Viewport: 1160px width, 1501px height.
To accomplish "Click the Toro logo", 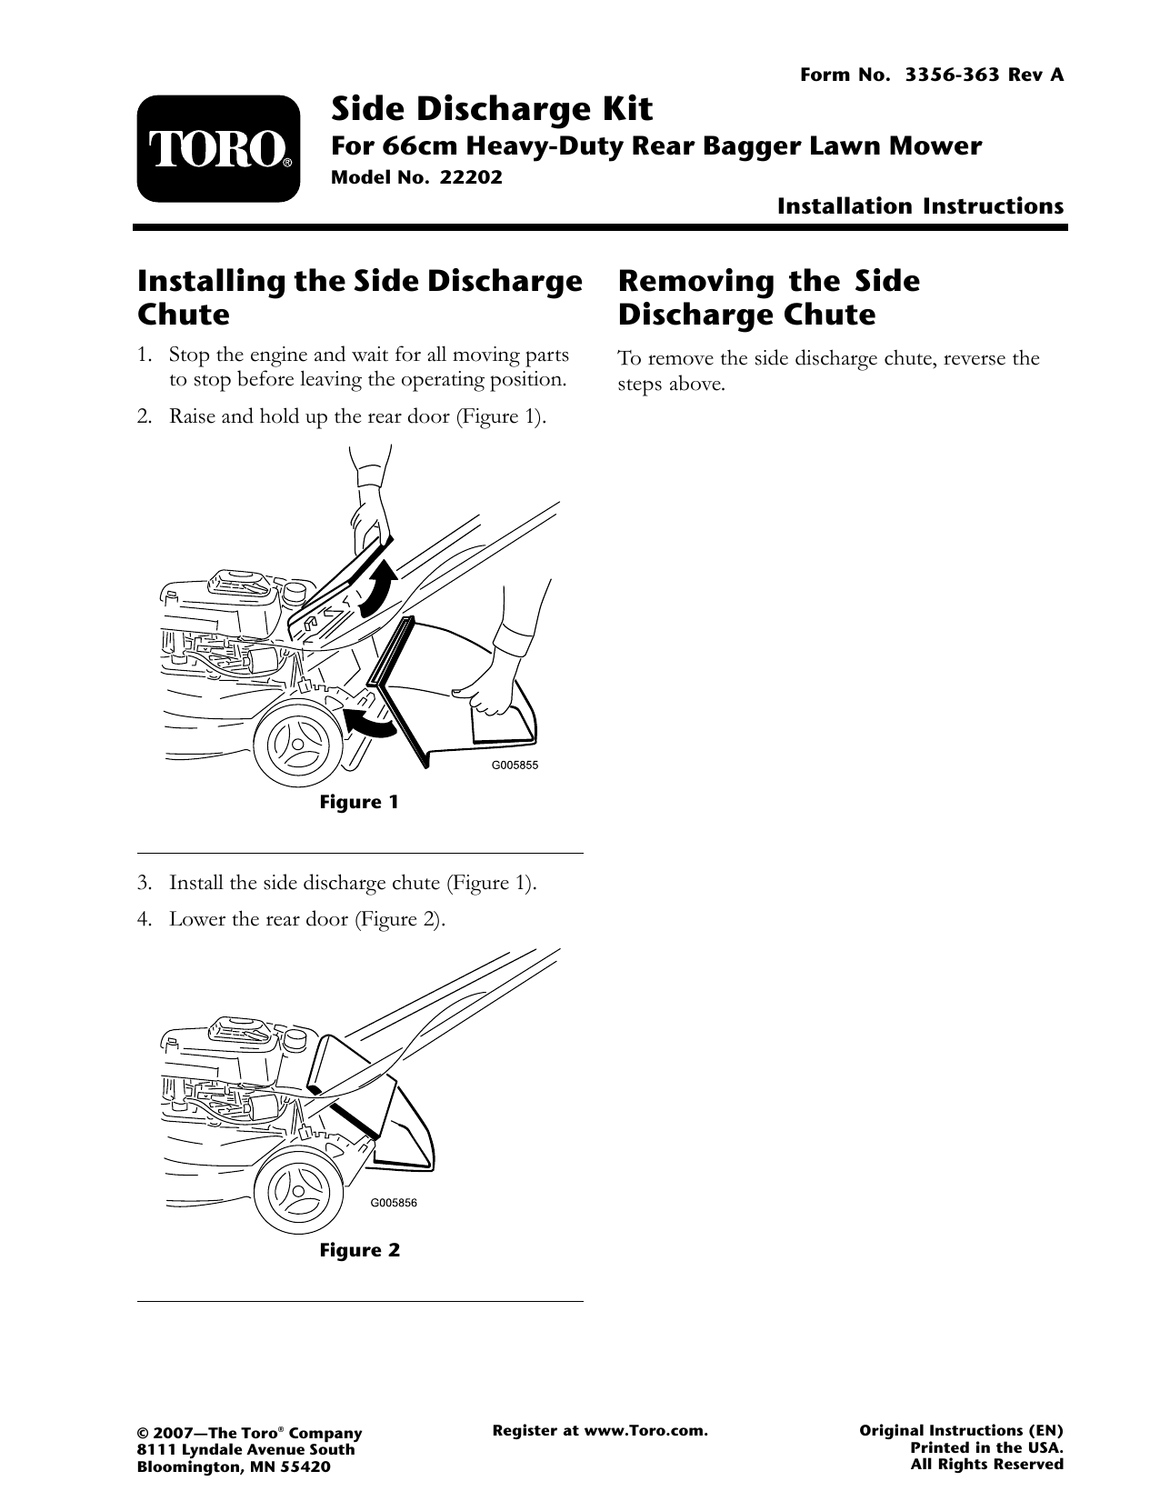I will coord(218,149).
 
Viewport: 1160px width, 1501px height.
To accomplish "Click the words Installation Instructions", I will coord(919,206).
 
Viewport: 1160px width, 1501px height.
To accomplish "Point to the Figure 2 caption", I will coord(359,1250).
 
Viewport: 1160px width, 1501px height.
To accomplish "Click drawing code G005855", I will coord(515,765).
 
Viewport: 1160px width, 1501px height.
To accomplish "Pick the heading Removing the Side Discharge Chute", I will coord(768,297).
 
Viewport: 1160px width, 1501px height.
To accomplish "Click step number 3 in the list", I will coord(144,884).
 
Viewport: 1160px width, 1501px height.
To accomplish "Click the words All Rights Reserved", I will coord(986,1465).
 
